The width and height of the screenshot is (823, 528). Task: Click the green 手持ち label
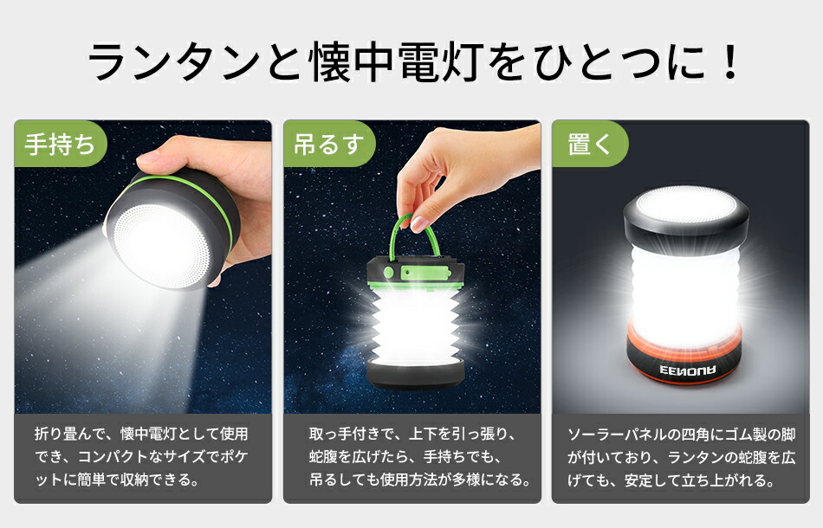(x=60, y=144)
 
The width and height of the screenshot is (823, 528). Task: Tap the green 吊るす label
(x=328, y=144)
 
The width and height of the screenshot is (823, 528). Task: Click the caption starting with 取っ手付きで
(x=412, y=455)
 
